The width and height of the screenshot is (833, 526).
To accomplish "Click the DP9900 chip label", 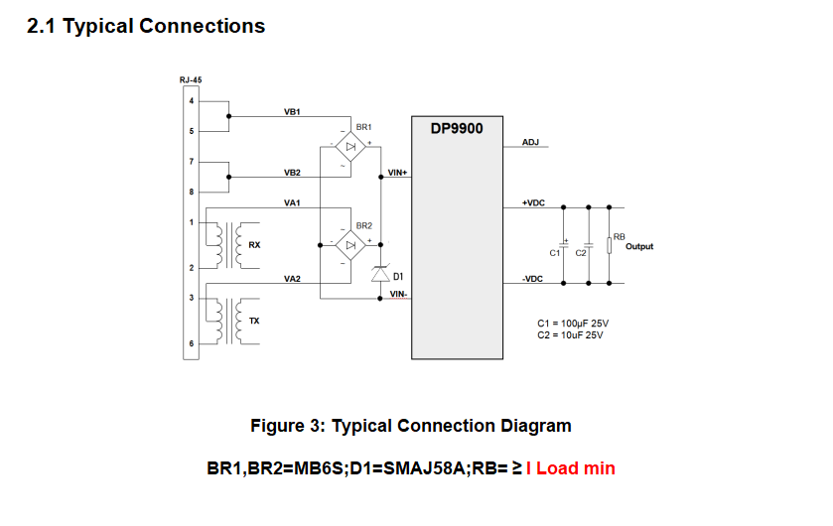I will [x=458, y=129].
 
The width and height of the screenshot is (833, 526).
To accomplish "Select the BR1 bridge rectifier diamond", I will [x=348, y=148].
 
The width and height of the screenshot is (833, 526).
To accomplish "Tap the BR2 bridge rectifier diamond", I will [x=348, y=245].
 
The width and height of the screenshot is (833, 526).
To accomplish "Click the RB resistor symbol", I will [x=610, y=244].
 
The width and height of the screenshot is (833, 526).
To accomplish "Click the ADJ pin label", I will [x=530, y=143].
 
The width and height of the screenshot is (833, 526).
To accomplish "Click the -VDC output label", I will [x=532, y=279].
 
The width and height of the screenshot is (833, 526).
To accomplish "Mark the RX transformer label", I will [x=255, y=244].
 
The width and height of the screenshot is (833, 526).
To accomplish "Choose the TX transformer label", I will [x=254, y=322].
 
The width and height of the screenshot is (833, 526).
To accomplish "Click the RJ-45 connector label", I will [x=192, y=80].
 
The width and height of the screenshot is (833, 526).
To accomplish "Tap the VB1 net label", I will [x=292, y=112].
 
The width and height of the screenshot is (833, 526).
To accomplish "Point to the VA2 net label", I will [x=292, y=279].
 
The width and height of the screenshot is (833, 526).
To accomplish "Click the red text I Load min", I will [x=571, y=467].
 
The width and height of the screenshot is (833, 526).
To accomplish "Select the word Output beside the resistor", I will [x=639, y=246].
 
